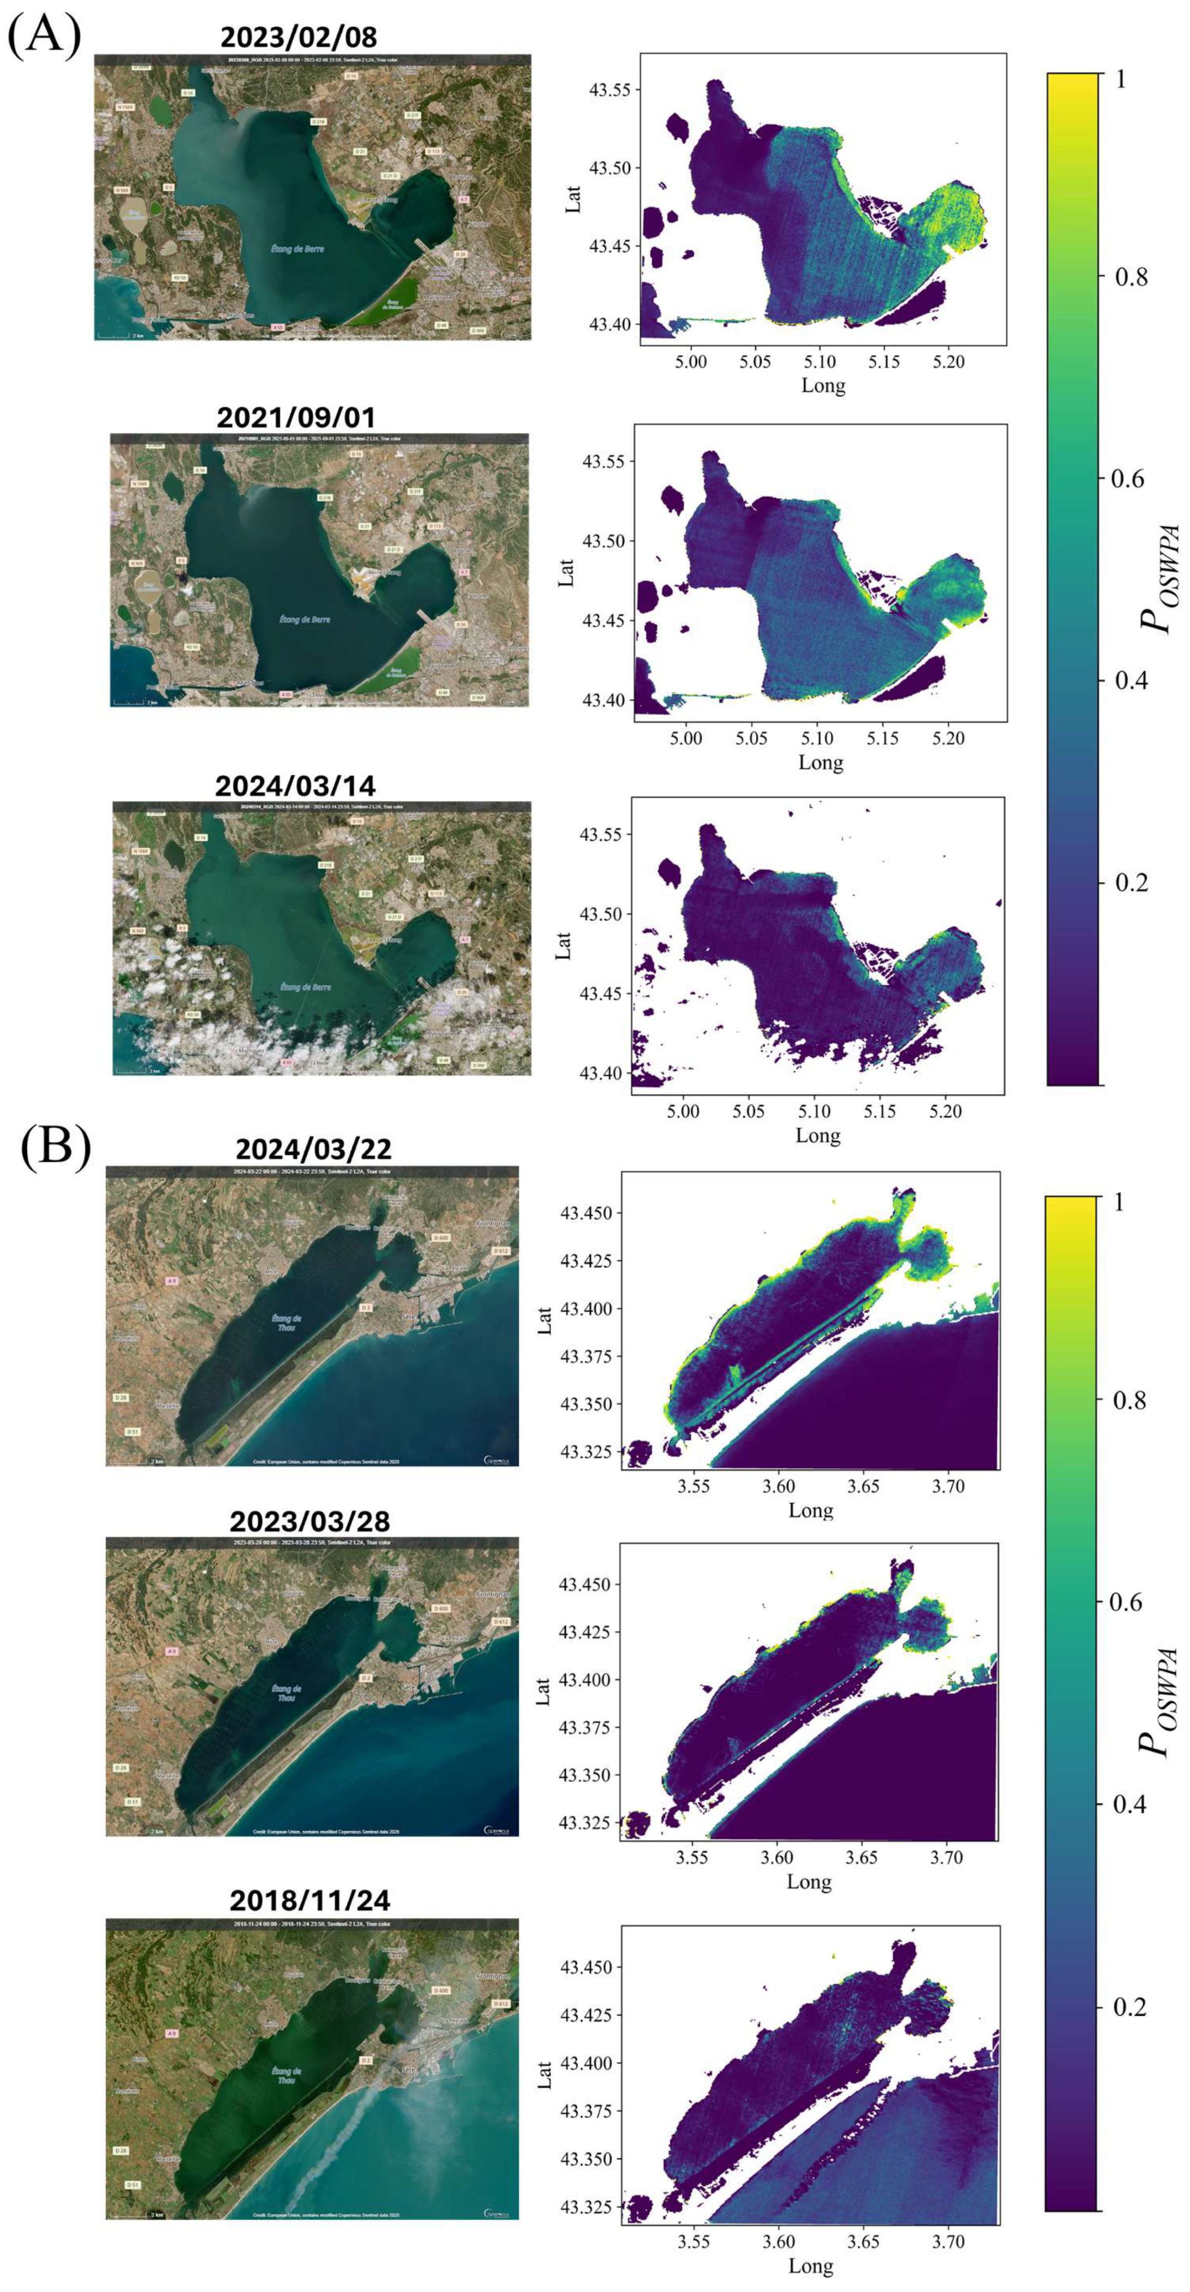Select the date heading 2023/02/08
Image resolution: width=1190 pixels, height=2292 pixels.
(x=298, y=38)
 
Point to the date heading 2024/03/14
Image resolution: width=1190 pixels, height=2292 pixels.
(x=295, y=786)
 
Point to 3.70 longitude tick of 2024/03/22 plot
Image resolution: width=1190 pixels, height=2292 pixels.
(x=949, y=1486)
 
